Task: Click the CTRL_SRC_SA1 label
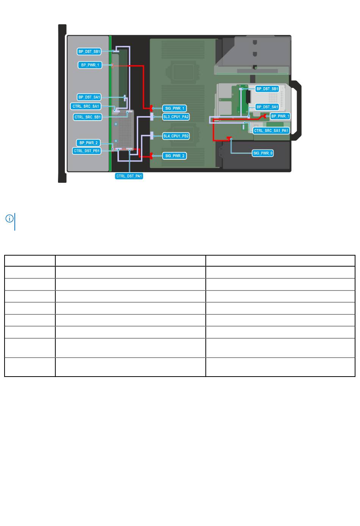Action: (x=86, y=106)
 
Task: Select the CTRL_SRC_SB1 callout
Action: (x=88, y=117)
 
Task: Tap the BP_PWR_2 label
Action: (x=88, y=143)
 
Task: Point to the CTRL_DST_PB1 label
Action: (x=87, y=151)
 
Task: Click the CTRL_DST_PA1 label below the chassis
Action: (x=129, y=176)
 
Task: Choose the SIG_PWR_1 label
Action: (x=174, y=108)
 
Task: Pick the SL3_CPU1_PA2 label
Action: (x=176, y=117)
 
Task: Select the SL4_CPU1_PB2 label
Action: (x=176, y=136)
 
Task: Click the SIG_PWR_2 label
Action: (x=174, y=156)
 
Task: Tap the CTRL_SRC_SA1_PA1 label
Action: (x=271, y=130)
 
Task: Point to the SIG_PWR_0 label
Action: (x=263, y=153)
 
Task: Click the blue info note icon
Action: (x=9, y=218)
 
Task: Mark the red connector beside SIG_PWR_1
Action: (x=151, y=108)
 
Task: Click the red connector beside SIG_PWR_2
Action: (x=151, y=156)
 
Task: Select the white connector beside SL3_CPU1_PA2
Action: (x=152, y=117)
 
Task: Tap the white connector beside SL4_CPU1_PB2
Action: (x=152, y=136)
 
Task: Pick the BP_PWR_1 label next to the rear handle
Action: (x=280, y=116)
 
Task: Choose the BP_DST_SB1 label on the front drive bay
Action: (x=89, y=52)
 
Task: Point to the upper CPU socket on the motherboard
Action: (x=182, y=71)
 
